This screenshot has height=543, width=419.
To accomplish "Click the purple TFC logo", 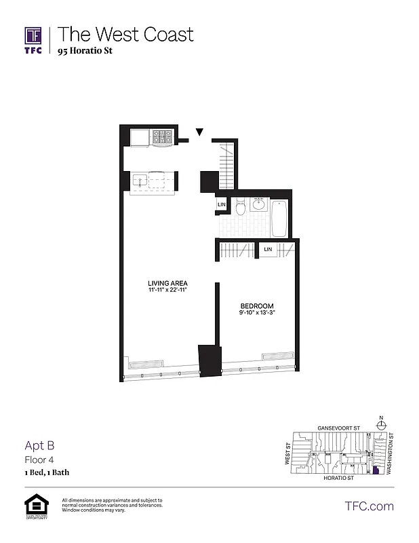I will [34, 39].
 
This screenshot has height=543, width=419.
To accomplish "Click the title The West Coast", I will [125, 34].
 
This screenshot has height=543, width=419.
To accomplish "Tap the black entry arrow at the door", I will [199, 132].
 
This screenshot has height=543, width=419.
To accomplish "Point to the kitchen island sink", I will [140, 181].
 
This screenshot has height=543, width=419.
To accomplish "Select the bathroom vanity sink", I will [258, 204].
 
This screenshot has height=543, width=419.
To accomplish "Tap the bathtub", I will [279, 218].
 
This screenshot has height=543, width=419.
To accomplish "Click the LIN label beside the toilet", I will [221, 204].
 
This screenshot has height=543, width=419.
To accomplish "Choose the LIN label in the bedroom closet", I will [268, 250].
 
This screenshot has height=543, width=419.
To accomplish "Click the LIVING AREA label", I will [168, 283].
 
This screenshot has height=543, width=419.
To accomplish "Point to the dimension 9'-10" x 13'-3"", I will [255, 313].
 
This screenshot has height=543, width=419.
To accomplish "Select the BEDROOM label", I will [256, 305].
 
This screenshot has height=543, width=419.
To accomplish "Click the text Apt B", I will [39, 446].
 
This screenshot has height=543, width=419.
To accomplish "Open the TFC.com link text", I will [369, 506].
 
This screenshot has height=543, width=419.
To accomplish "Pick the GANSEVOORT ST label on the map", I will [338, 428].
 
